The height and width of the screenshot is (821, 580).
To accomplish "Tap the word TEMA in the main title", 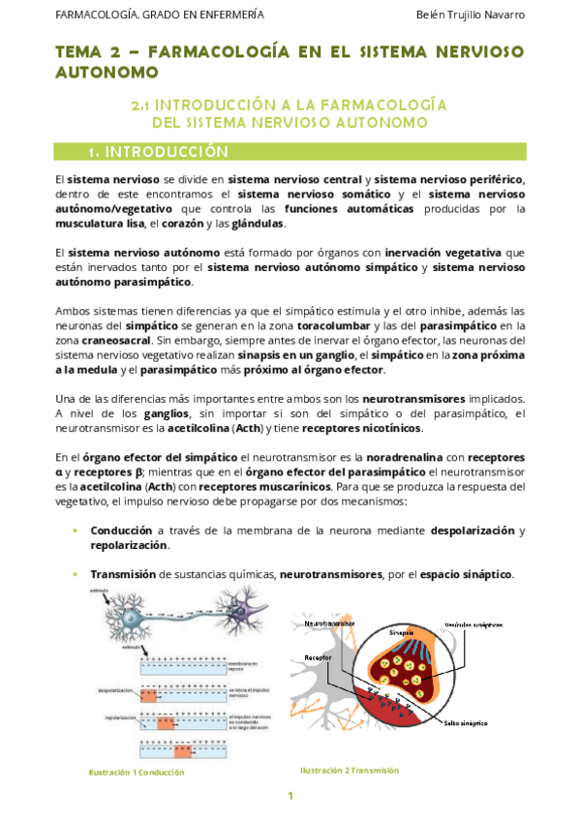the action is click(x=80, y=51).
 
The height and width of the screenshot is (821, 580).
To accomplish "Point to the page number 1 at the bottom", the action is click(x=290, y=796).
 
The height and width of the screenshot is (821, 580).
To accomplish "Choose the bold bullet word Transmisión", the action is click(x=123, y=574).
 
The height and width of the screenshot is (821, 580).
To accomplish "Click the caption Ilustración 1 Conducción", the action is click(x=136, y=773).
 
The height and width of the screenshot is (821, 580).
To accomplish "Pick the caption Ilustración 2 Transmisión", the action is click(x=350, y=770).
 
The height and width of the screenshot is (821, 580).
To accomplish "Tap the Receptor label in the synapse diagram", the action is click(x=317, y=657).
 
